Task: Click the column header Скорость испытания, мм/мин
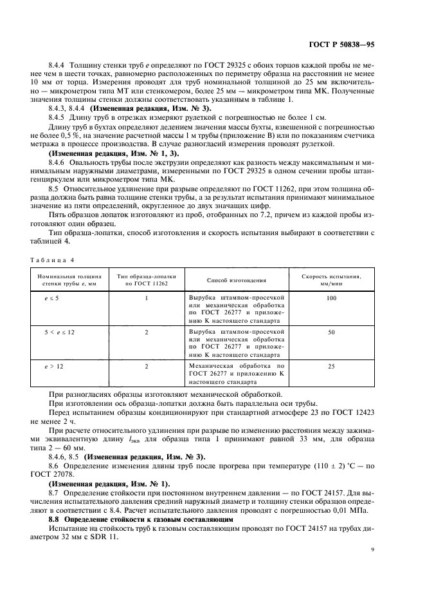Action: (331, 280)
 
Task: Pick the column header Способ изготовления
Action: (237, 280)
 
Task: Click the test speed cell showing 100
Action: (331, 298)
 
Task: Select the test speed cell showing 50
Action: (331, 332)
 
